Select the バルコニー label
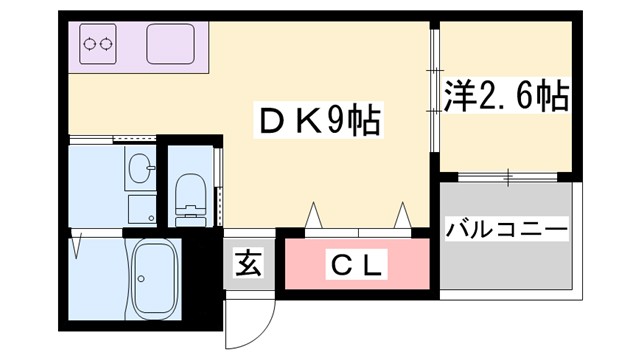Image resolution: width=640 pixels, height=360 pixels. click(505, 230)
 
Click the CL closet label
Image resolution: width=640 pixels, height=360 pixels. click(355, 266)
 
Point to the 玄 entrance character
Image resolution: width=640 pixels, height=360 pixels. click(247, 266)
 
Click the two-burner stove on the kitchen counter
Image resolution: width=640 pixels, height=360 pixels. click(101, 44)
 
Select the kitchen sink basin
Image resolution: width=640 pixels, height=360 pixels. click(173, 44)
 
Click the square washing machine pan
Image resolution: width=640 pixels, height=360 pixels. click(142, 209)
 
